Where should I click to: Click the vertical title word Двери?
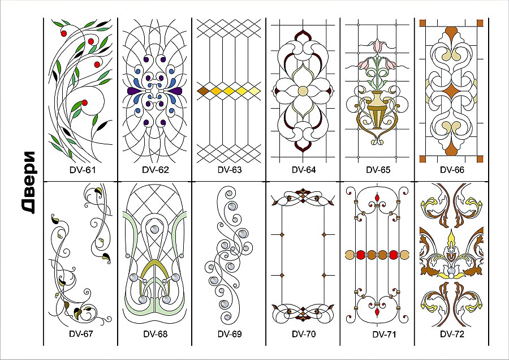29,182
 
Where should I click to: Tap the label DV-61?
83,170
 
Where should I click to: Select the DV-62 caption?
156,170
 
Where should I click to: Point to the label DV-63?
230,170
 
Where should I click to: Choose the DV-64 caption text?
304,170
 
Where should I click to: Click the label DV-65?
378,170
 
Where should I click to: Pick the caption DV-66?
452,170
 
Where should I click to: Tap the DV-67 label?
81,334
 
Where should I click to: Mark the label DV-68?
156,334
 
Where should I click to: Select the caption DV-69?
230,334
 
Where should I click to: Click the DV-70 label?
304,334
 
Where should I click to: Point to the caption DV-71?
384,335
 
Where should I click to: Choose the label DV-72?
452,334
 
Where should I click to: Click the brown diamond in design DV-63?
203,91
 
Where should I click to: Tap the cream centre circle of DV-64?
303,91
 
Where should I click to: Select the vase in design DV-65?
377,110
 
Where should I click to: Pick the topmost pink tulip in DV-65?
377,45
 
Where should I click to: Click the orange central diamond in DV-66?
451,91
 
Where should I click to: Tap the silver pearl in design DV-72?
451,271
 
